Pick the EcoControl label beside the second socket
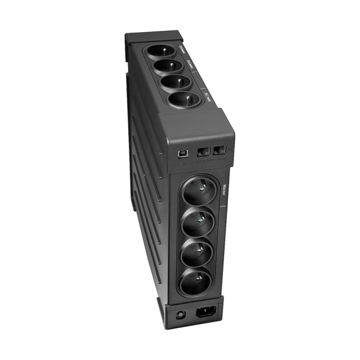click(x=190, y=64)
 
